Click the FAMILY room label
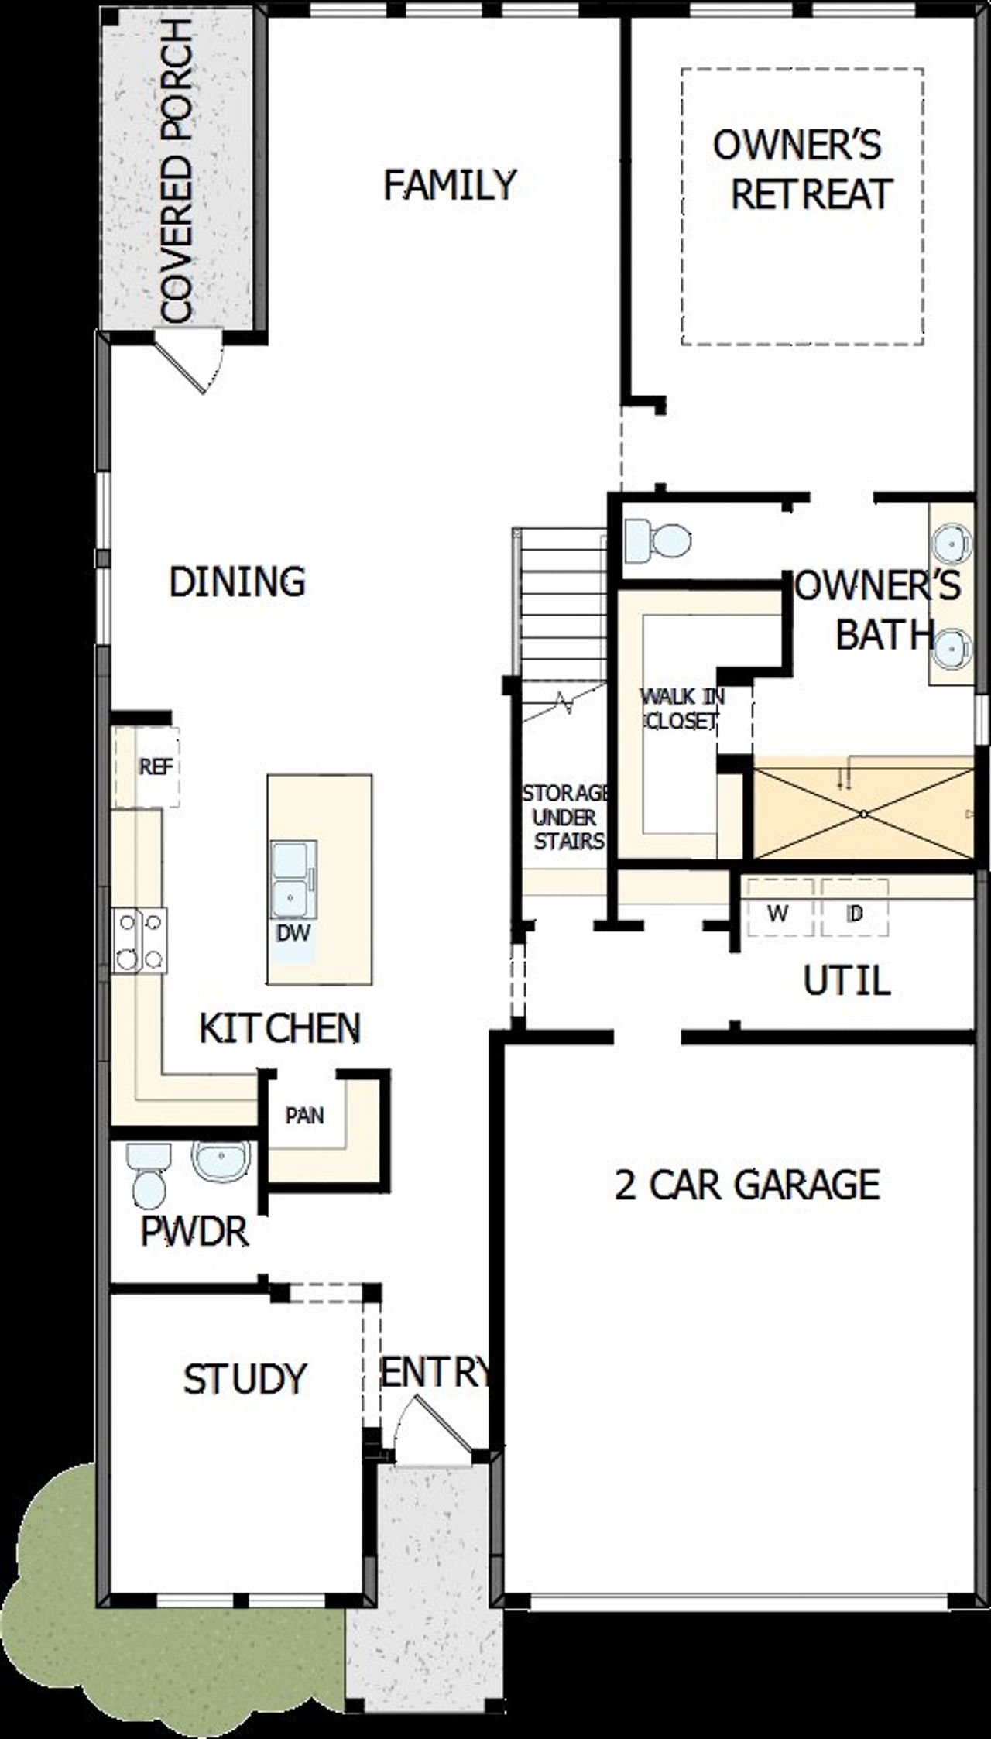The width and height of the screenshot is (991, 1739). [450, 185]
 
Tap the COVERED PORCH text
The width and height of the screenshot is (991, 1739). [177, 171]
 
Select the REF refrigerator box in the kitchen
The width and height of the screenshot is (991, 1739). [155, 767]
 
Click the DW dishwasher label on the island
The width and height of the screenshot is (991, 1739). [293, 933]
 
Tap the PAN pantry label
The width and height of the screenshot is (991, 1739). [304, 1116]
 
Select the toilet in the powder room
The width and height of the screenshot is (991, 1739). [148, 1175]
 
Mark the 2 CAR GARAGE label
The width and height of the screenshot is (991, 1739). [747, 1185]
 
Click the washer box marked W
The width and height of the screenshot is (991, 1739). [778, 914]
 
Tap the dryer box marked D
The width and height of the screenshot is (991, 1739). [854, 914]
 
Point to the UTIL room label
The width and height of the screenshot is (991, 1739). [846, 982]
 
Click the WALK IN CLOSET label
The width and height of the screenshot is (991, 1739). [681, 708]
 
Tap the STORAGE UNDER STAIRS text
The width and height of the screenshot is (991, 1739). [565, 817]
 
